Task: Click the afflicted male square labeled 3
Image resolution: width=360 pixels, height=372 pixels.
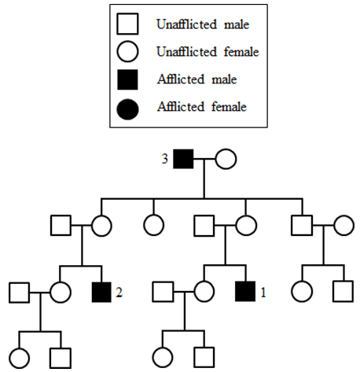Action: coord(183,159)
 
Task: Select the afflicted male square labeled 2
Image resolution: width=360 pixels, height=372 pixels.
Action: coord(101,292)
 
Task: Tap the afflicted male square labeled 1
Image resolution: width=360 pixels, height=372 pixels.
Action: coord(245,291)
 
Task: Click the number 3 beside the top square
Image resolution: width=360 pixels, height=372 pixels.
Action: coord(165,159)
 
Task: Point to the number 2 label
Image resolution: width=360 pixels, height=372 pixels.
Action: coord(119,293)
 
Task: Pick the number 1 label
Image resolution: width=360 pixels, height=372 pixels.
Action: coord(263,293)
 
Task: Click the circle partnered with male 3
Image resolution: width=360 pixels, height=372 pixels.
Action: coord(226,159)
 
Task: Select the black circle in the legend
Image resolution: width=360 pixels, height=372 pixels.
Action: coord(127,109)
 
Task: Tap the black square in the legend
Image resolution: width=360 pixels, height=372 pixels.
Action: coord(127,79)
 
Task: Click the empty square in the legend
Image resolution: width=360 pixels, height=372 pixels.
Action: coord(127,24)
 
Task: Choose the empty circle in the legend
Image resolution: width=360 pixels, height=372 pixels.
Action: coord(127,51)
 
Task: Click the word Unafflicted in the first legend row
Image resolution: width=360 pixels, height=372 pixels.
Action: coord(186,24)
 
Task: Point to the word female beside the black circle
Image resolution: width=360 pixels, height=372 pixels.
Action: coord(229,107)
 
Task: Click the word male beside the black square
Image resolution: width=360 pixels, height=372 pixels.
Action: coord(224,79)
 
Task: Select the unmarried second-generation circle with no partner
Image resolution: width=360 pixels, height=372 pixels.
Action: coord(154,225)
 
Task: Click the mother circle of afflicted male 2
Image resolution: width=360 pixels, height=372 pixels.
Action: coord(101,226)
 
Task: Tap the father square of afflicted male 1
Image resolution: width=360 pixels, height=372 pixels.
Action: coord(204,226)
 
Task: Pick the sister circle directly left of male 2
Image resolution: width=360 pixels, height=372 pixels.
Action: coord(61,293)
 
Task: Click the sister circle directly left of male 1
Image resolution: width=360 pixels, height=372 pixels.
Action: coord(204,292)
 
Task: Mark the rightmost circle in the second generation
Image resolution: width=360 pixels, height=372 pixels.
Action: coord(344,225)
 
